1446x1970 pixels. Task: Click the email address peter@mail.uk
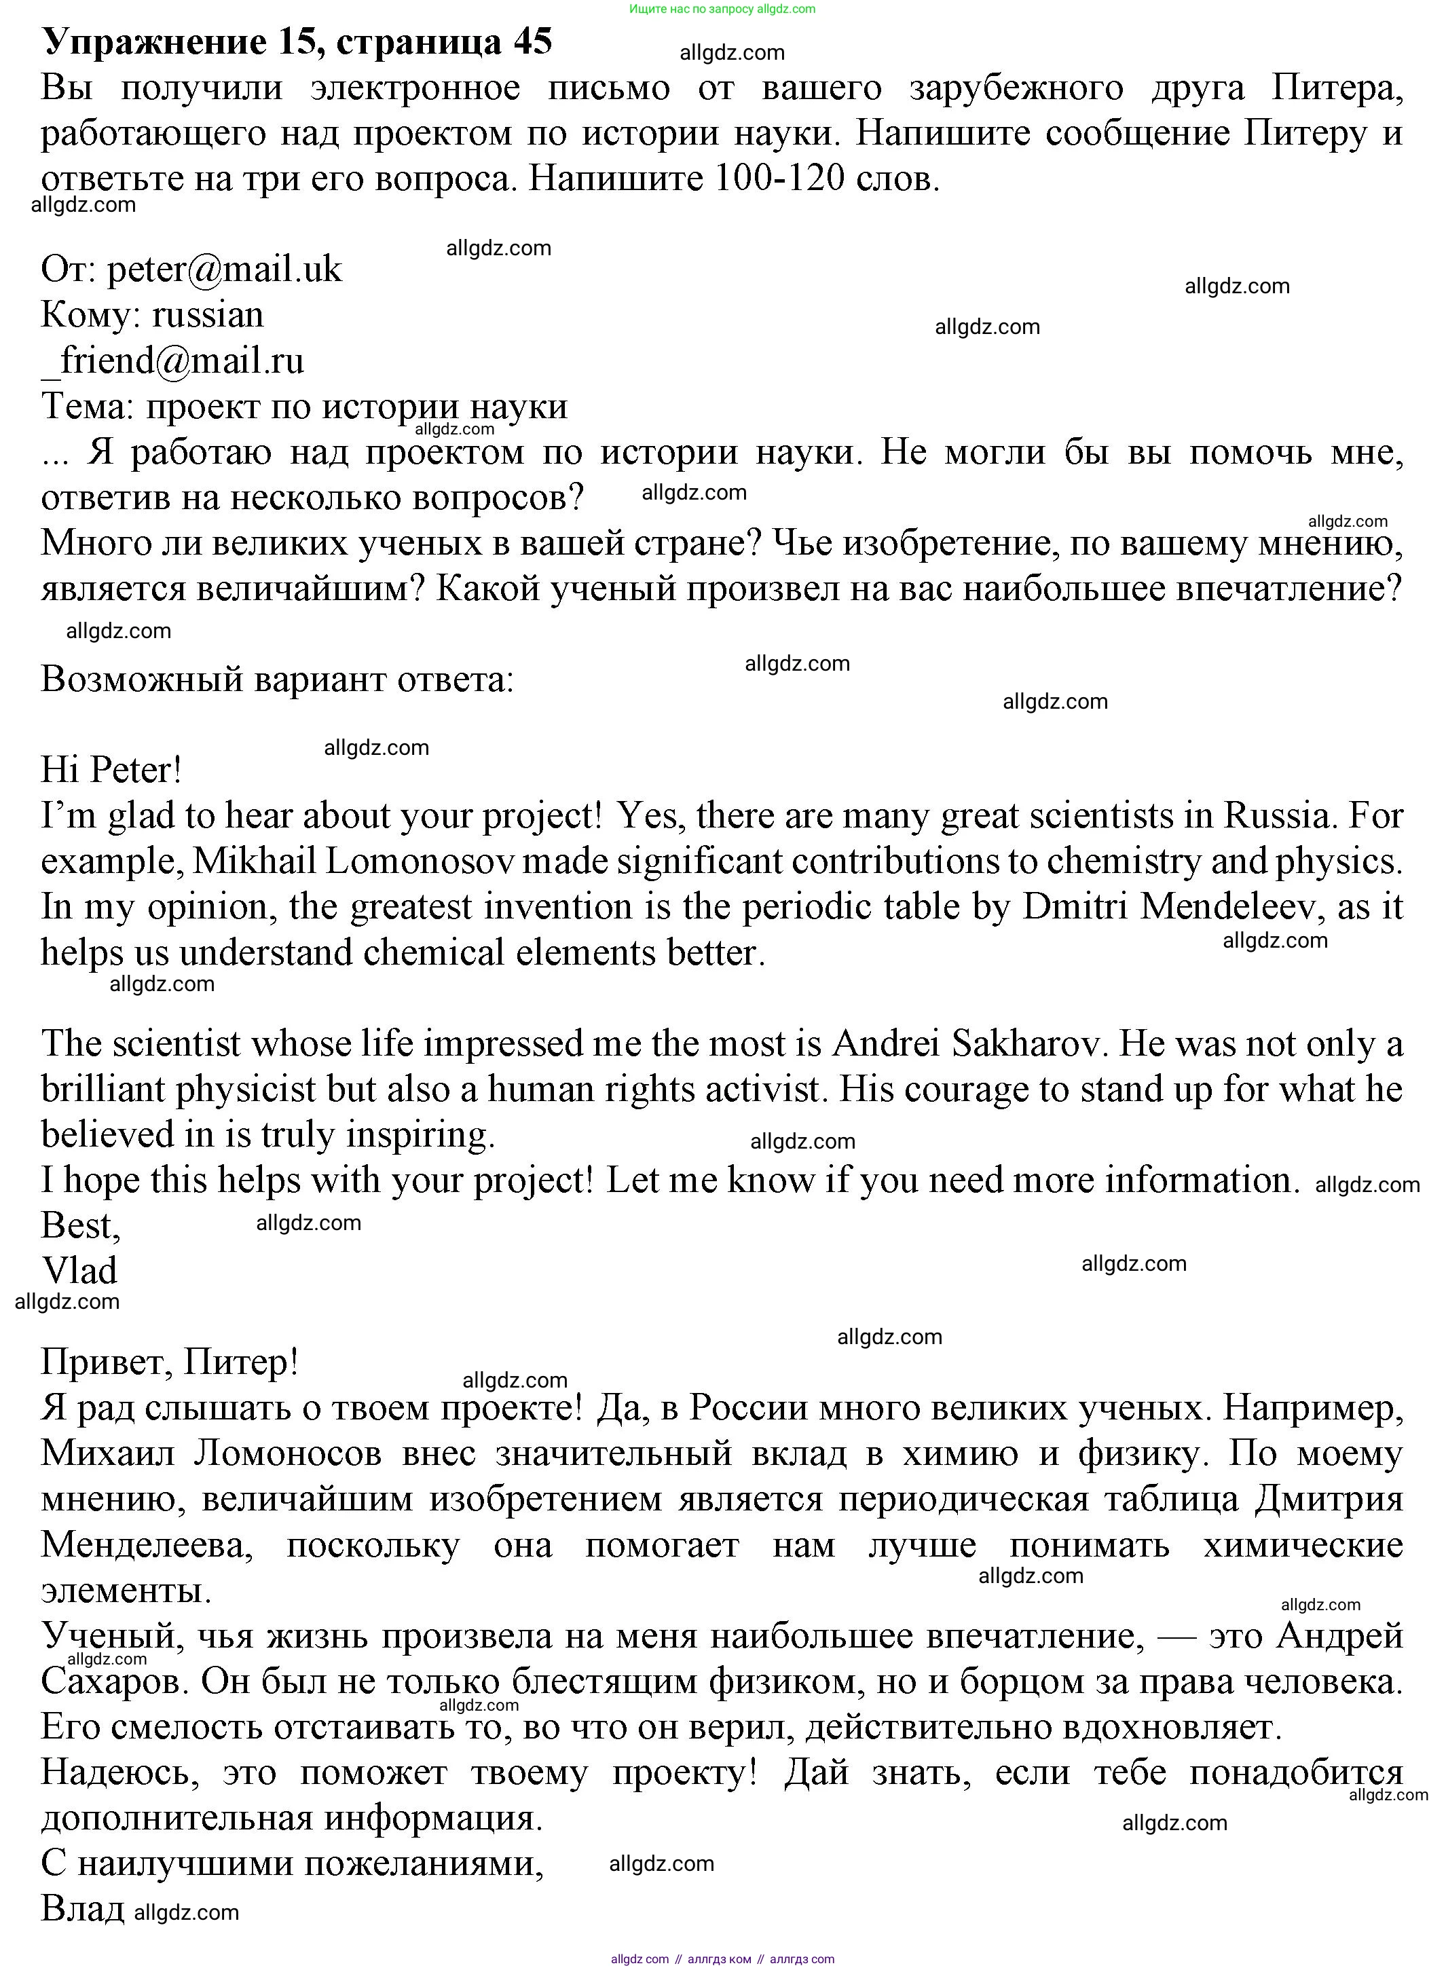(224, 270)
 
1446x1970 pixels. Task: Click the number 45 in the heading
(532, 42)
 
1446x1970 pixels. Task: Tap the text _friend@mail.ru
(172, 360)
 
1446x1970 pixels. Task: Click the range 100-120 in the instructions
(780, 179)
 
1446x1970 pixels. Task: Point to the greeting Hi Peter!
(111, 771)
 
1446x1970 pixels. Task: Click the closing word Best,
(81, 1226)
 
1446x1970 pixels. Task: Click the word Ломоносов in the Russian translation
(288, 1453)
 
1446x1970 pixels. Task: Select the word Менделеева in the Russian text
(147, 1544)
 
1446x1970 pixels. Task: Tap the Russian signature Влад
(82, 1909)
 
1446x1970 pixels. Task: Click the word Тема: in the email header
(88, 407)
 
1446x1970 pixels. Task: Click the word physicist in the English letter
(245, 1090)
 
